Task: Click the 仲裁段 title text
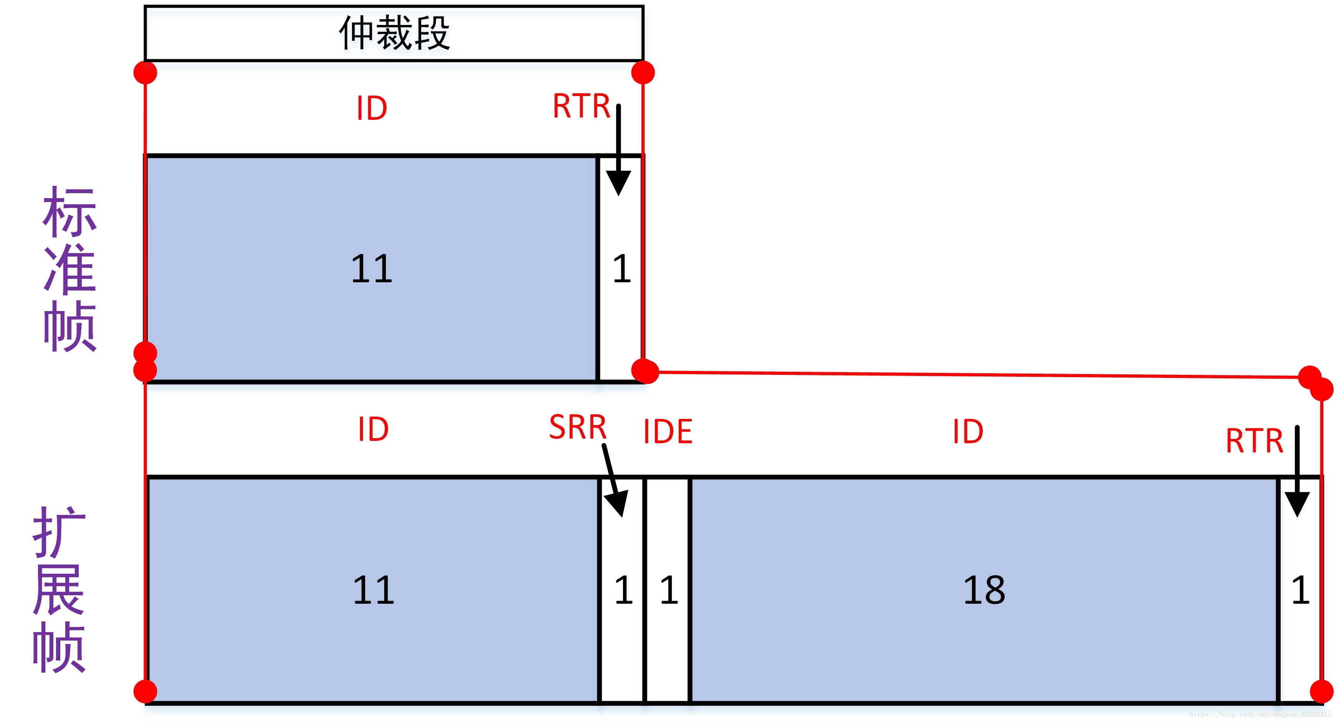point(394,33)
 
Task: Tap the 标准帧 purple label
point(69,269)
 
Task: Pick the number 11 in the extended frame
point(374,590)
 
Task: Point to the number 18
point(984,590)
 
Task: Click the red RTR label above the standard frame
point(581,106)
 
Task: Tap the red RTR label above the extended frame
point(1254,441)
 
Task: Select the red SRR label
point(578,427)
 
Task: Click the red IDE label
point(668,432)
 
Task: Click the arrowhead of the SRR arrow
point(617,503)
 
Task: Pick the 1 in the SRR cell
point(623,590)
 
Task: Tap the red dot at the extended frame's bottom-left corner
point(145,691)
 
